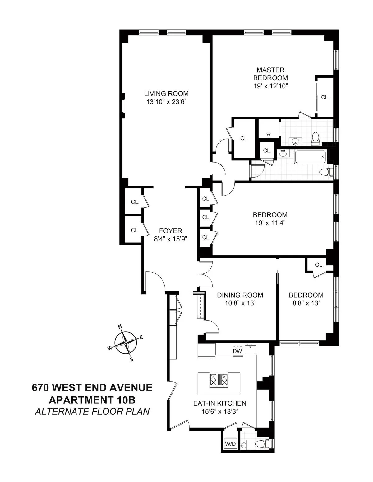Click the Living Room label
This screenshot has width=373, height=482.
(x=166, y=93)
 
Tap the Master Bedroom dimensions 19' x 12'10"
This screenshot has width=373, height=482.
(x=270, y=86)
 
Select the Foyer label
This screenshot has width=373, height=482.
(x=170, y=231)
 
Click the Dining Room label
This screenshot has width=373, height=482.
(x=240, y=295)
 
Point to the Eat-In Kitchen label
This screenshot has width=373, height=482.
(x=220, y=403)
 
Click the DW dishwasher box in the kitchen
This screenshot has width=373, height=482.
(x=237, y=351)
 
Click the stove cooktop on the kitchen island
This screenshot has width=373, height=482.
(x=219, y=379)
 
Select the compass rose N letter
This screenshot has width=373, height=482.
(x=120, y=327)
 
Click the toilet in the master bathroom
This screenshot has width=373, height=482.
(x=315, y=138)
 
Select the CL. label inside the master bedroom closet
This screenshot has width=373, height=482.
(x=325, y=97)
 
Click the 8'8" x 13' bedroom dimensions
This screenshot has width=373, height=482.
(x=306, y=303)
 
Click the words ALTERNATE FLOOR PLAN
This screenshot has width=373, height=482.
(x=92, y=411)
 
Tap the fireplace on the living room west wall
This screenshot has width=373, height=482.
(x=123, y=106)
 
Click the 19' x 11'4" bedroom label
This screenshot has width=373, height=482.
(x=270, y=223)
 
